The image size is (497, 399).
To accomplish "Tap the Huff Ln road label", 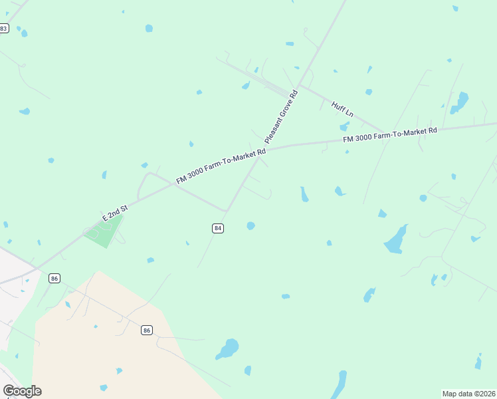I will pos(342,109).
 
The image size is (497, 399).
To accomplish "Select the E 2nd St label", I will pos(114,213).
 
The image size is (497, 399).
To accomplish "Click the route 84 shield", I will pos(218,228).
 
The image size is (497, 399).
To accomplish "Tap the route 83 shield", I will pos(4,28).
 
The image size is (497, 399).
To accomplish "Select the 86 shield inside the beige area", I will pos(147,330).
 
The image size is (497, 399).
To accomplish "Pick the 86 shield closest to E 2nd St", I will pos(54,278).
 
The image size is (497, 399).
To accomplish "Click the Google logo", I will pos(22,391).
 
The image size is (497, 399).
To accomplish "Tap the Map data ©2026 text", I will pos(468,393).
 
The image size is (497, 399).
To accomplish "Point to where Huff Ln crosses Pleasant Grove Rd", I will pos(299,86).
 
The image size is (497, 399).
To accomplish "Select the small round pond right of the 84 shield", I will pos(250,226).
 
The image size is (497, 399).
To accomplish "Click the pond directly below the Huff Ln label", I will pos(344,126).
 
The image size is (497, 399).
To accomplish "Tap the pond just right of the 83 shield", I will pos(24,33).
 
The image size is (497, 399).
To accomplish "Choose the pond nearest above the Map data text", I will pos(478,363).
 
